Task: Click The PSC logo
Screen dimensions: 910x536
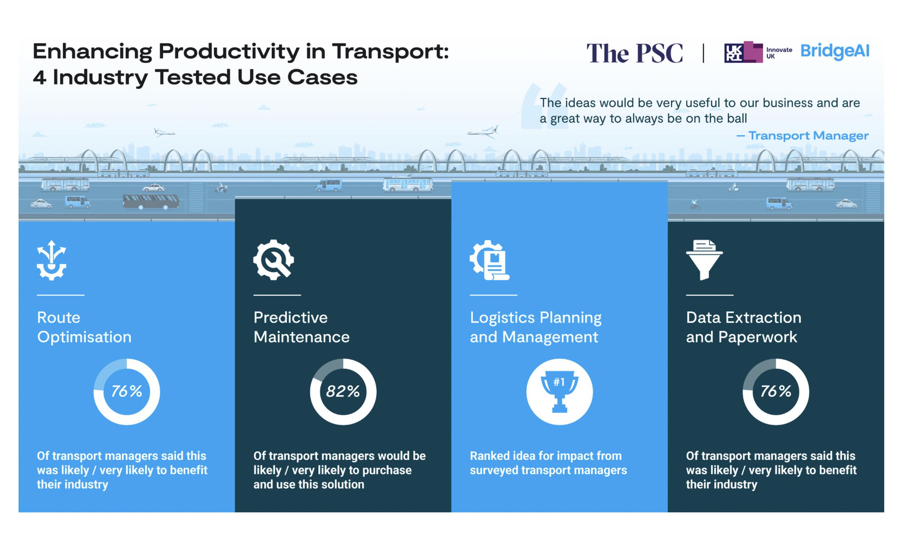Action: pos(635,53)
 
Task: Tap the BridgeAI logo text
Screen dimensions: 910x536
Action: pos(835,51)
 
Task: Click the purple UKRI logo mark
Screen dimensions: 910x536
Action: pos(743,52)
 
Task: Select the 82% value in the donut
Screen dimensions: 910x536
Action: pos(343,391)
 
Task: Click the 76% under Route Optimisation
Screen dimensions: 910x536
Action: pos(127,391)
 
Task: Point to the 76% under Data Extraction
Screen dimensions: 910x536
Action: pos(775,391)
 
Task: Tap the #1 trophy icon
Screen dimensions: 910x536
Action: pos(559,391)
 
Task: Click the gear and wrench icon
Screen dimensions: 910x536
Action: pos(274,260)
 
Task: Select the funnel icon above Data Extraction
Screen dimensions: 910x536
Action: pos(705,260)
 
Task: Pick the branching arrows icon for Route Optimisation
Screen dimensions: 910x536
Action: pos(51,260)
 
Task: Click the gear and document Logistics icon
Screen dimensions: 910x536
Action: pos(489,260)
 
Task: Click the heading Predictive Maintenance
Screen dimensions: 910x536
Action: pos(301,327)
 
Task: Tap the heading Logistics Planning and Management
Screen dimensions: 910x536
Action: pos(536,327)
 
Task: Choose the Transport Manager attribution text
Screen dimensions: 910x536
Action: pos(802,136)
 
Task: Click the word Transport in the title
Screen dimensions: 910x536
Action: pos(390,51)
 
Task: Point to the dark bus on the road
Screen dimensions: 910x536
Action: pos(151,201)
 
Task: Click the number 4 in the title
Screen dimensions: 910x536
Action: pos(39,78)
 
